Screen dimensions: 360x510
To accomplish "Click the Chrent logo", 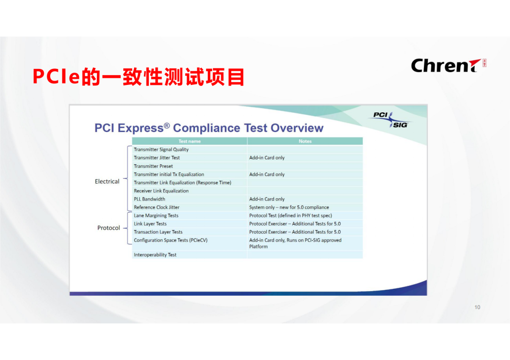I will coord(447,66).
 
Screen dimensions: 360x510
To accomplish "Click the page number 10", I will coord(477,307).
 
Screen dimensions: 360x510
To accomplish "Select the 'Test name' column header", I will coord(189,141).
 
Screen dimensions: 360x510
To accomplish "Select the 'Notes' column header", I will coord(305,141).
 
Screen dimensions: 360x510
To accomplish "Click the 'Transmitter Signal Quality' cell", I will coord(161,150).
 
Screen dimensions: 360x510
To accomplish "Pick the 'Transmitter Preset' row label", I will coord(153,166).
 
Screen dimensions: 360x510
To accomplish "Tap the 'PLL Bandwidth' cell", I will coord(149,199).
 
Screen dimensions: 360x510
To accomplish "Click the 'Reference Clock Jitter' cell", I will coord(156,207).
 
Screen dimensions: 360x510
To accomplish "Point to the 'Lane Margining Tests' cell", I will coord(156,216).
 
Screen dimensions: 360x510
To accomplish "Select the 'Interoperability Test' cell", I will coord(155,255).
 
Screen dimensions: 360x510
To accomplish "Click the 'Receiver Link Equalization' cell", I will coord(161,191).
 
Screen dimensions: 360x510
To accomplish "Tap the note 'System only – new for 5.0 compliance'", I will coord(289,207).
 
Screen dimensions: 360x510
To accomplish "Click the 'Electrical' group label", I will coord(107,181).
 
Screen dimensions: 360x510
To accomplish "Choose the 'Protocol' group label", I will coord(109,228).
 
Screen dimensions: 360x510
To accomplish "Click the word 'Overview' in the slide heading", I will coord(297,128).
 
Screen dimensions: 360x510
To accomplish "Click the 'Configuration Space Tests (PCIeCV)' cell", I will coord(170,240).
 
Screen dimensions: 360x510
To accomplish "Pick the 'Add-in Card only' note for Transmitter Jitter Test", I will coord(267,158).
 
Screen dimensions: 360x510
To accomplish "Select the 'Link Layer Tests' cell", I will coord(150,224).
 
